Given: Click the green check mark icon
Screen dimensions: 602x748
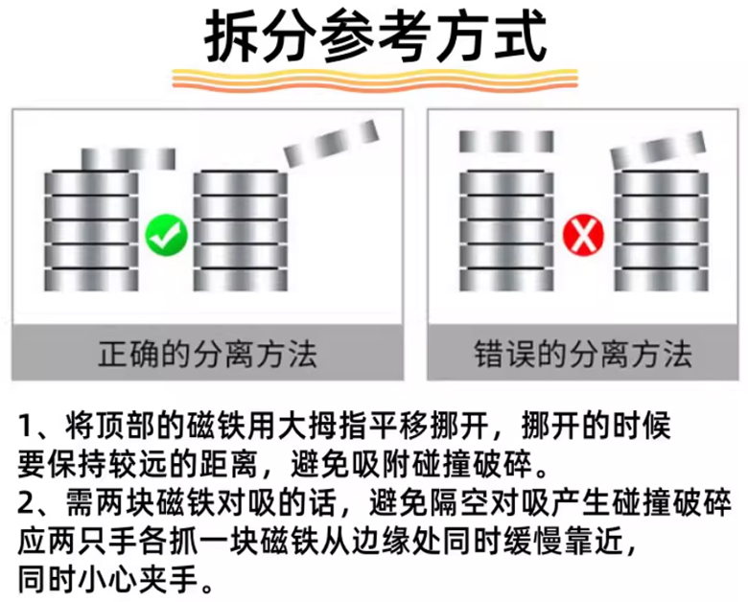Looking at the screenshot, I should (166, 234).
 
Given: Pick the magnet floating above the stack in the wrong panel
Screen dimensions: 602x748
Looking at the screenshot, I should (505, 141).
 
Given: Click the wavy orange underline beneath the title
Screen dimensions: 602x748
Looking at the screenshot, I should (375, 81).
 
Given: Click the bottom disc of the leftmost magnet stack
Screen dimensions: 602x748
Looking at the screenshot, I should (92, 281).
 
